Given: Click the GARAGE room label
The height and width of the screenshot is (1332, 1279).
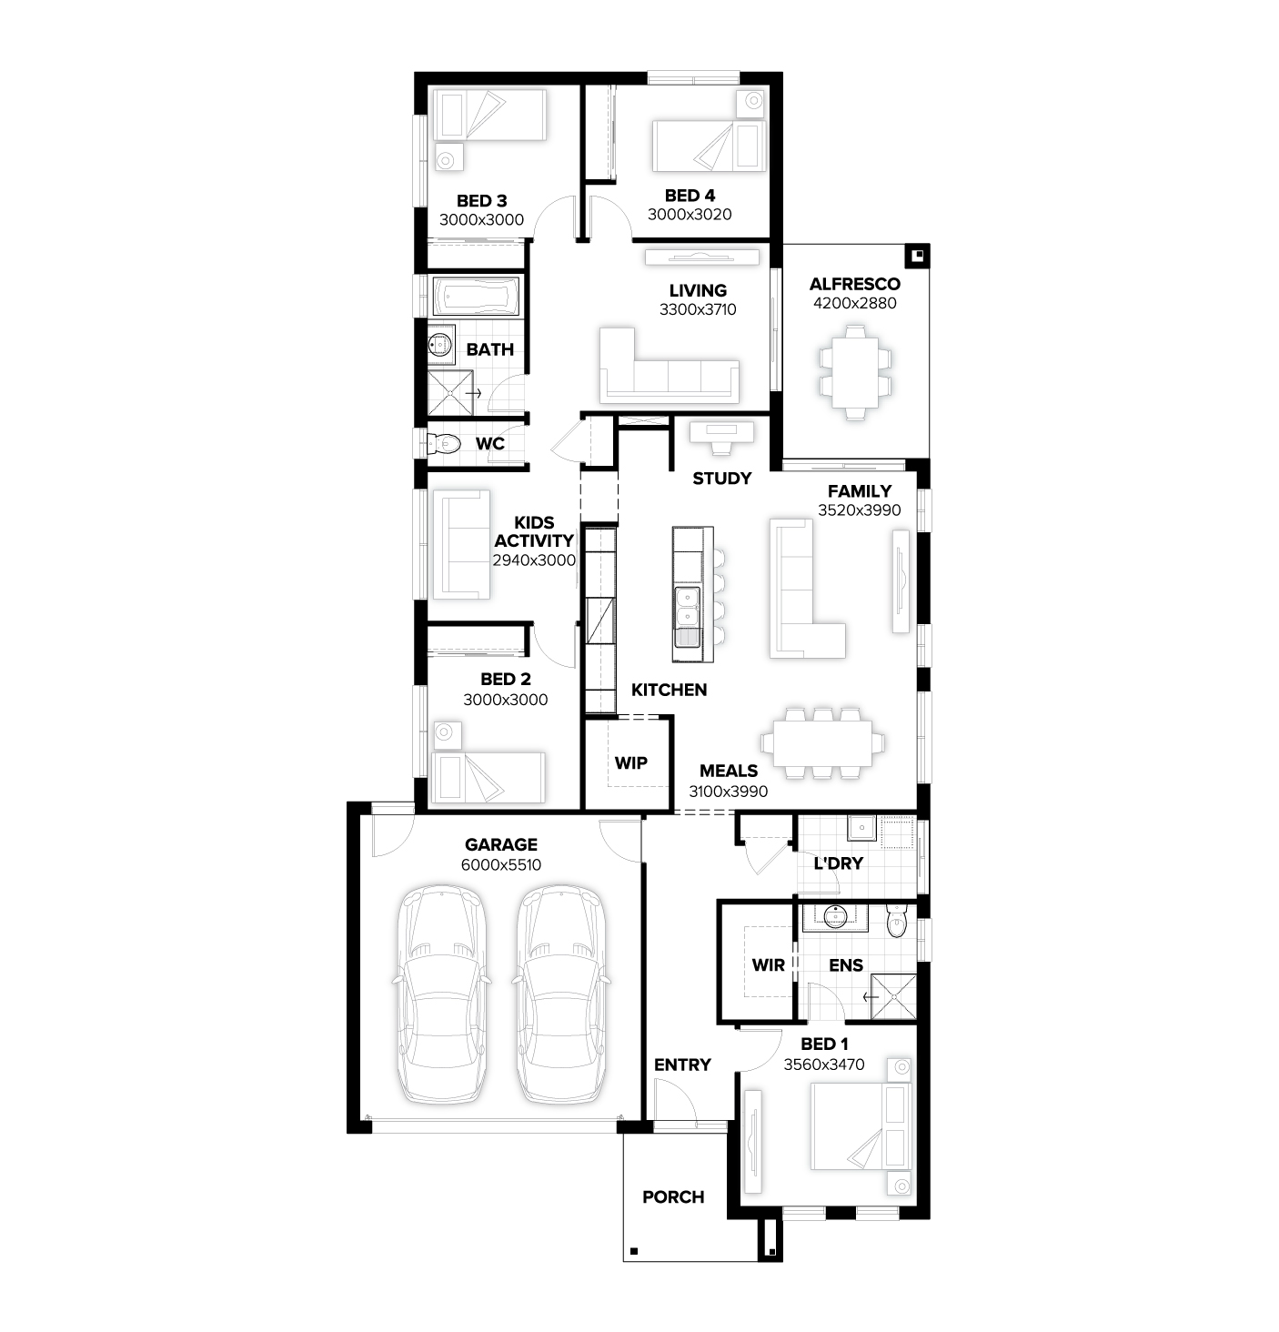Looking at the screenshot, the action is (x=501, y=844).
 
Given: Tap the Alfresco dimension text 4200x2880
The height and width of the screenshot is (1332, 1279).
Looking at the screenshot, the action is (x=855, y=303).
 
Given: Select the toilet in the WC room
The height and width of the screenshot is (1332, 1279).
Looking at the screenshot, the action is (x=443, y=444).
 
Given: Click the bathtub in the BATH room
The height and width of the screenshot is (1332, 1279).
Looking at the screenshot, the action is (x=477, y=297).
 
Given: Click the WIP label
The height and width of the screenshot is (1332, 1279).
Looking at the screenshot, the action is (x=630, y=762).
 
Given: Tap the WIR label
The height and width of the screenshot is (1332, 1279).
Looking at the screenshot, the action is (x=768, y=965).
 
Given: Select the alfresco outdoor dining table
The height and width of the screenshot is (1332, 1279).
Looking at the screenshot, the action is (x=855, y=372).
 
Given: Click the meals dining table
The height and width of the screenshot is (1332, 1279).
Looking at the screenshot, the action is (x=822, y=743).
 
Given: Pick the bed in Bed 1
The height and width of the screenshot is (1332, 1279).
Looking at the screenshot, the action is (x=861, y=1126).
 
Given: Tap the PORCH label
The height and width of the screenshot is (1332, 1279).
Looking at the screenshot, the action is (x=673, y=1197).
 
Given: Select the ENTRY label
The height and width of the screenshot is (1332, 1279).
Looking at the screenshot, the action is (x=682, y=1065).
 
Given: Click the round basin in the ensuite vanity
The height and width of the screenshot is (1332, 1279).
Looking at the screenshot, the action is (x=835, y=915).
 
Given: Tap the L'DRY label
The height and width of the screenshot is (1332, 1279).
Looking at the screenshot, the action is (x=839, y=863).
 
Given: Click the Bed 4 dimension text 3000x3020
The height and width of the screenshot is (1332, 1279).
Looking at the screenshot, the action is (x=690, y=214).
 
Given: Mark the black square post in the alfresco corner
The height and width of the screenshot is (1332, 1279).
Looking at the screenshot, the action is (x=917, y=257).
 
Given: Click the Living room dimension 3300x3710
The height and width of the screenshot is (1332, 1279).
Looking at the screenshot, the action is (x=698, y=309).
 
